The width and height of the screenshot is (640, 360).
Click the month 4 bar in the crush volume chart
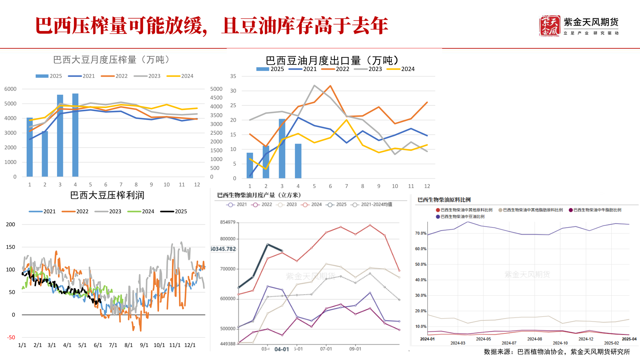click(x=75, y=135)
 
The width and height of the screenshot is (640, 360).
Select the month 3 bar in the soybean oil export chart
click(x=282, y=148)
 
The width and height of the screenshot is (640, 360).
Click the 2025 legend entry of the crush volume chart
click(x=49, y=76)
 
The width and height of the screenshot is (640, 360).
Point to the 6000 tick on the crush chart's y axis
click(x=10, y=89)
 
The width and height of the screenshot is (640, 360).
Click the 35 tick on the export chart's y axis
click(x=233, y=76)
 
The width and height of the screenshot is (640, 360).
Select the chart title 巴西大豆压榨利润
click(x=107, y=195)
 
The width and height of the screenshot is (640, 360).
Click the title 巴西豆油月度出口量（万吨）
click(x=332, y=61)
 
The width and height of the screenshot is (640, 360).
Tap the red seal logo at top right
click(x=549, y=26)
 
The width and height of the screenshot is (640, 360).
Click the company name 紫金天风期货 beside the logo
click(x=591, y=22)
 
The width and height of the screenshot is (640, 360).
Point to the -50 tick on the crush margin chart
click(x=11, y=337)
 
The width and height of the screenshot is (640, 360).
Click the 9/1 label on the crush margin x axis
click(x=144, y=345)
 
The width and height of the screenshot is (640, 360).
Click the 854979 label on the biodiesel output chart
click(x=228, y=222)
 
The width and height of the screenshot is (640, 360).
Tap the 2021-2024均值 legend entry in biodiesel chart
click(x=373, y=204)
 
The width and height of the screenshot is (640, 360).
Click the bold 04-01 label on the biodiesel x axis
click(x=282, y=349)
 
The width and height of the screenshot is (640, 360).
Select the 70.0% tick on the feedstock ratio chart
click(x=421, y=233)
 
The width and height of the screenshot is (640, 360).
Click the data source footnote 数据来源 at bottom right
click(x=557, y=352)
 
